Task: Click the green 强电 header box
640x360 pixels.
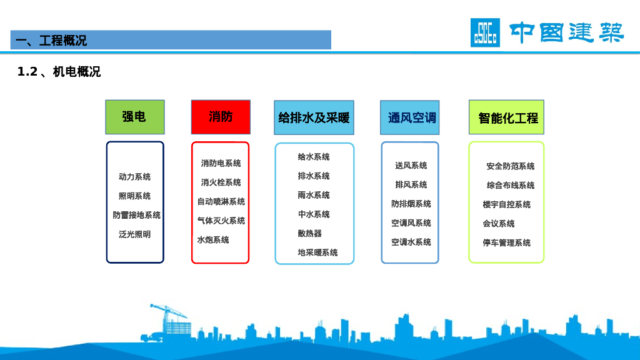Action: point(134,117)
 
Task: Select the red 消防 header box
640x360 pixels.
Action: point(221,117)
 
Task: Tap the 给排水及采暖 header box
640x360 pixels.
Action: point(314,117)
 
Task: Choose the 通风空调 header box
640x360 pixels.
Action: point(410,117)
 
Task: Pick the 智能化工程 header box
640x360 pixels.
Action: point(507,117)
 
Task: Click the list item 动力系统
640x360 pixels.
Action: point(135,177)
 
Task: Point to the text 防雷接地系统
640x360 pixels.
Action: point(137,215)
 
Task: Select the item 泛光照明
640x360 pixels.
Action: point(135,234)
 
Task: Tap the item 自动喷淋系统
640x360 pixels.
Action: point(221,201)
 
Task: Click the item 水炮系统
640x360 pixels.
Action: point(213,240)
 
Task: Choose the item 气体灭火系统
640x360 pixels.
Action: point(221,221)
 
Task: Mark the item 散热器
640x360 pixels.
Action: point(310,233)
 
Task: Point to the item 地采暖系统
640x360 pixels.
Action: point(317,252)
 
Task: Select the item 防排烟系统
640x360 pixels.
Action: point(411,204)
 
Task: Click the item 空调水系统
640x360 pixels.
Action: point(411,242)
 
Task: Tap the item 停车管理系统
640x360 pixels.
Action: point(506,242)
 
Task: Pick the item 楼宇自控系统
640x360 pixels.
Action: point(506,204)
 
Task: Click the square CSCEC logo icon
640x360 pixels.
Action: point(485,32)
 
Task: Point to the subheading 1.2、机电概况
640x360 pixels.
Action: point(59,72)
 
